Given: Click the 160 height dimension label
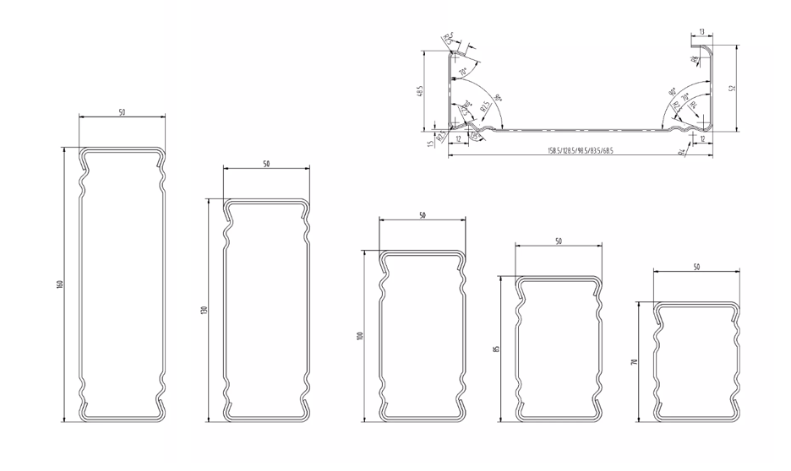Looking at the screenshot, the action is pos(60,284).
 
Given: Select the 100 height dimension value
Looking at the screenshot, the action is pos(360,336).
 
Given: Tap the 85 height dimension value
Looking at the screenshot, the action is pos(497,347).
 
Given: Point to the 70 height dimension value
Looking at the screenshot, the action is pos(634,360).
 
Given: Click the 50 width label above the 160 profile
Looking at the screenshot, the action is pos(122,112).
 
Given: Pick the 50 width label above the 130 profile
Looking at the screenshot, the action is pos(266,164).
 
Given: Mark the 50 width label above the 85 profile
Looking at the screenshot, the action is pos(559,242).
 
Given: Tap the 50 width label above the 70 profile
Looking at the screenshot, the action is pos(696,267).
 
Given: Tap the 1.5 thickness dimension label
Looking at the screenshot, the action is pos(430,143).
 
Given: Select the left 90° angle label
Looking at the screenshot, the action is pos(499,99).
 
